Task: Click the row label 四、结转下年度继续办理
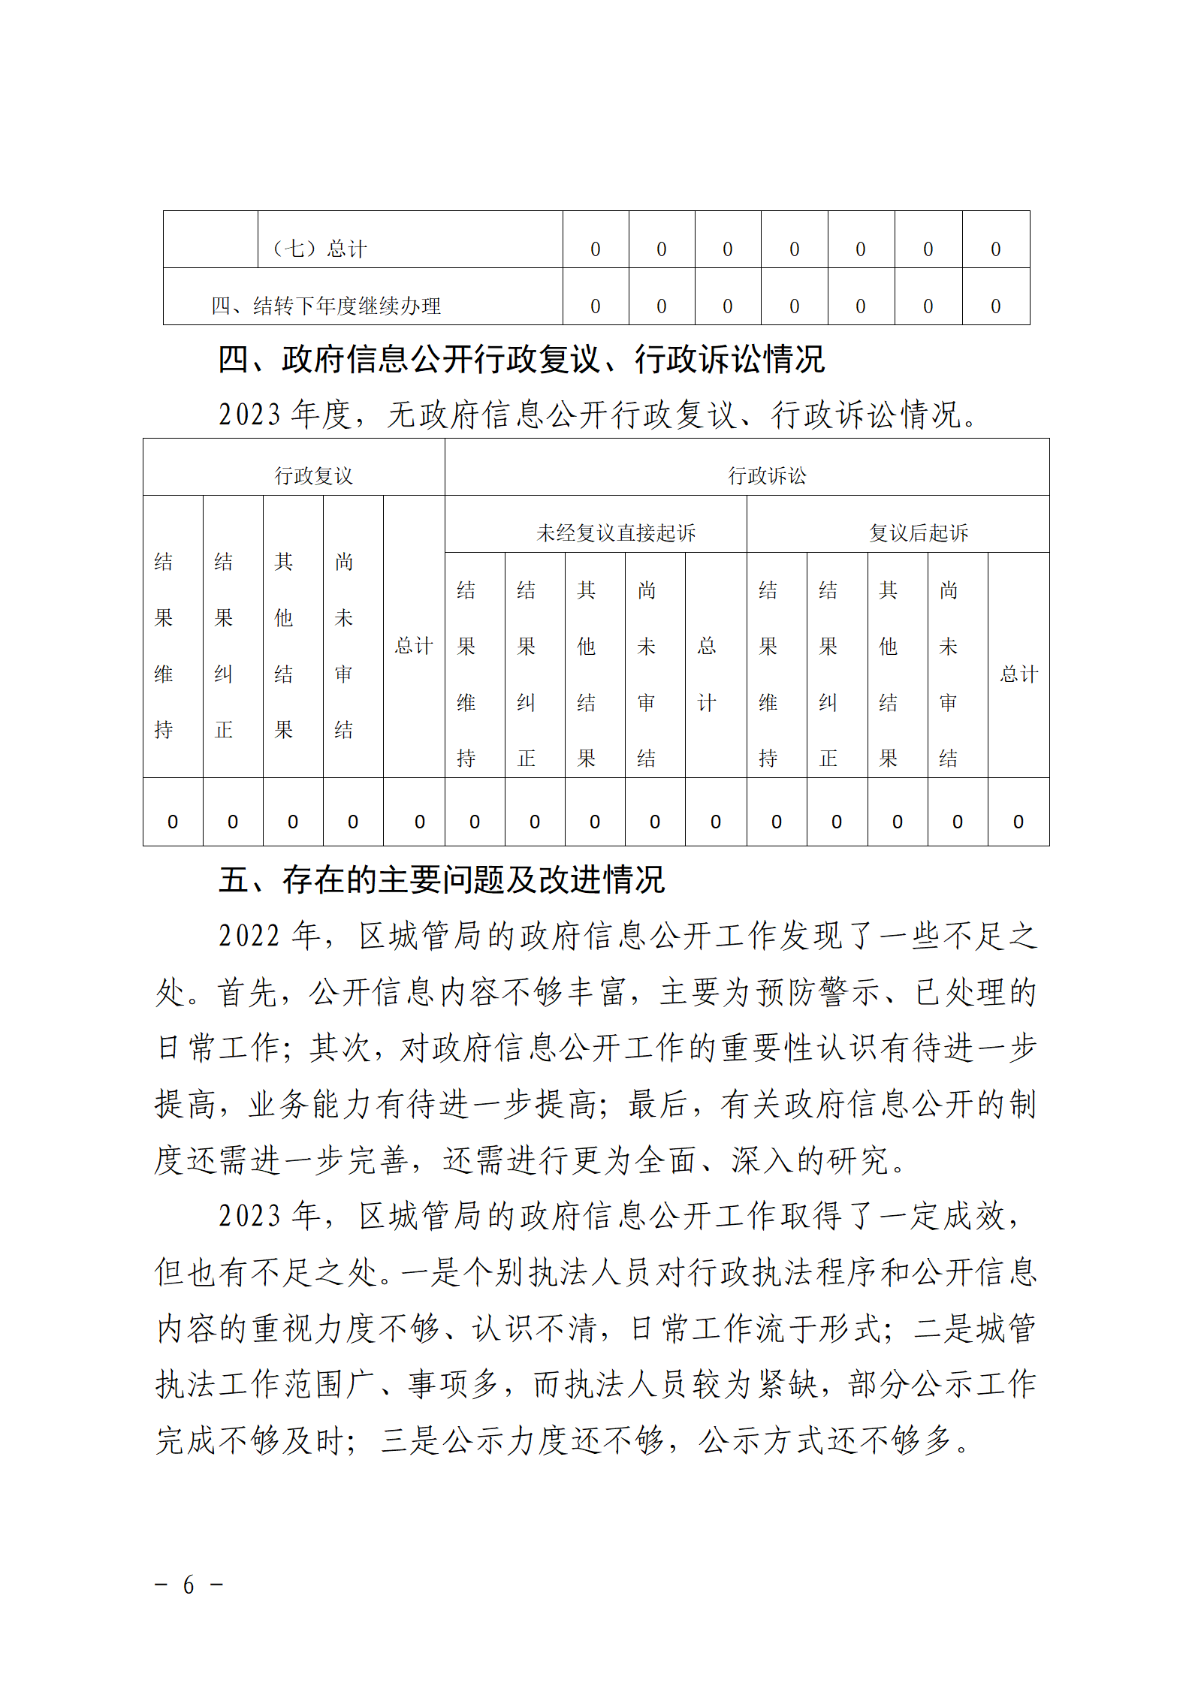tap(325, 306)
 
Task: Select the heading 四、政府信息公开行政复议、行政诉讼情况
tap(521, 359)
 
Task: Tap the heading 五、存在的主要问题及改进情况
tap(442, 880)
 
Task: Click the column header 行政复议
tap(313, 475)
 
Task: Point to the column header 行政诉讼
tap(767, 475)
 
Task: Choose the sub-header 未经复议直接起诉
tap(616, 532)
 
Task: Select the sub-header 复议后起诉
tap(919, 532)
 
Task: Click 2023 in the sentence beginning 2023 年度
tap(249, 415)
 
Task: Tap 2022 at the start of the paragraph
tap(249, 936)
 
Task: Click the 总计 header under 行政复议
tap(414, 646)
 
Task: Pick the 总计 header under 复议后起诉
tap(1018, 674)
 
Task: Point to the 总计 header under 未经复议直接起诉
tap(707, 674)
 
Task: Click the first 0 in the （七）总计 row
tap(596, 249)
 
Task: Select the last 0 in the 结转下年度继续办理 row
tap(995, 306)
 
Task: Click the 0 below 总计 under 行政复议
tap(420, 822)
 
